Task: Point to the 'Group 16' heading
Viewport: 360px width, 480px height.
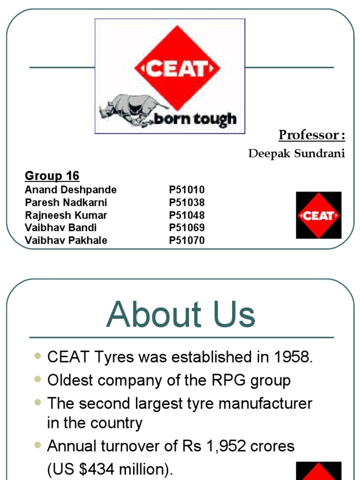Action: click(52, 176)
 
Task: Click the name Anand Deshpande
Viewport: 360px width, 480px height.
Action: click(71, 190)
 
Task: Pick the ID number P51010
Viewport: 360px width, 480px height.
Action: click(187, 190)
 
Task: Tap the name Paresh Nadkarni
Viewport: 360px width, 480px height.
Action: click(66, 202)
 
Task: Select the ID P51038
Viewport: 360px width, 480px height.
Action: click(187, 202)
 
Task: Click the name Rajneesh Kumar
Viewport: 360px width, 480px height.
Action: click(66, 215)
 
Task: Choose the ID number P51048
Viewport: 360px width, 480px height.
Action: click(187, 215)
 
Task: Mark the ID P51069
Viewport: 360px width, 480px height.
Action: click(187, 228)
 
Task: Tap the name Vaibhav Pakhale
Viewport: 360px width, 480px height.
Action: click(66, 240)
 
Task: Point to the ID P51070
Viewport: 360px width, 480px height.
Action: click(187, 240)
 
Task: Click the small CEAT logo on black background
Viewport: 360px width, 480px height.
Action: click(319, 215)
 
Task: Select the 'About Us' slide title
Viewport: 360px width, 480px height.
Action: click(180, 315)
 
